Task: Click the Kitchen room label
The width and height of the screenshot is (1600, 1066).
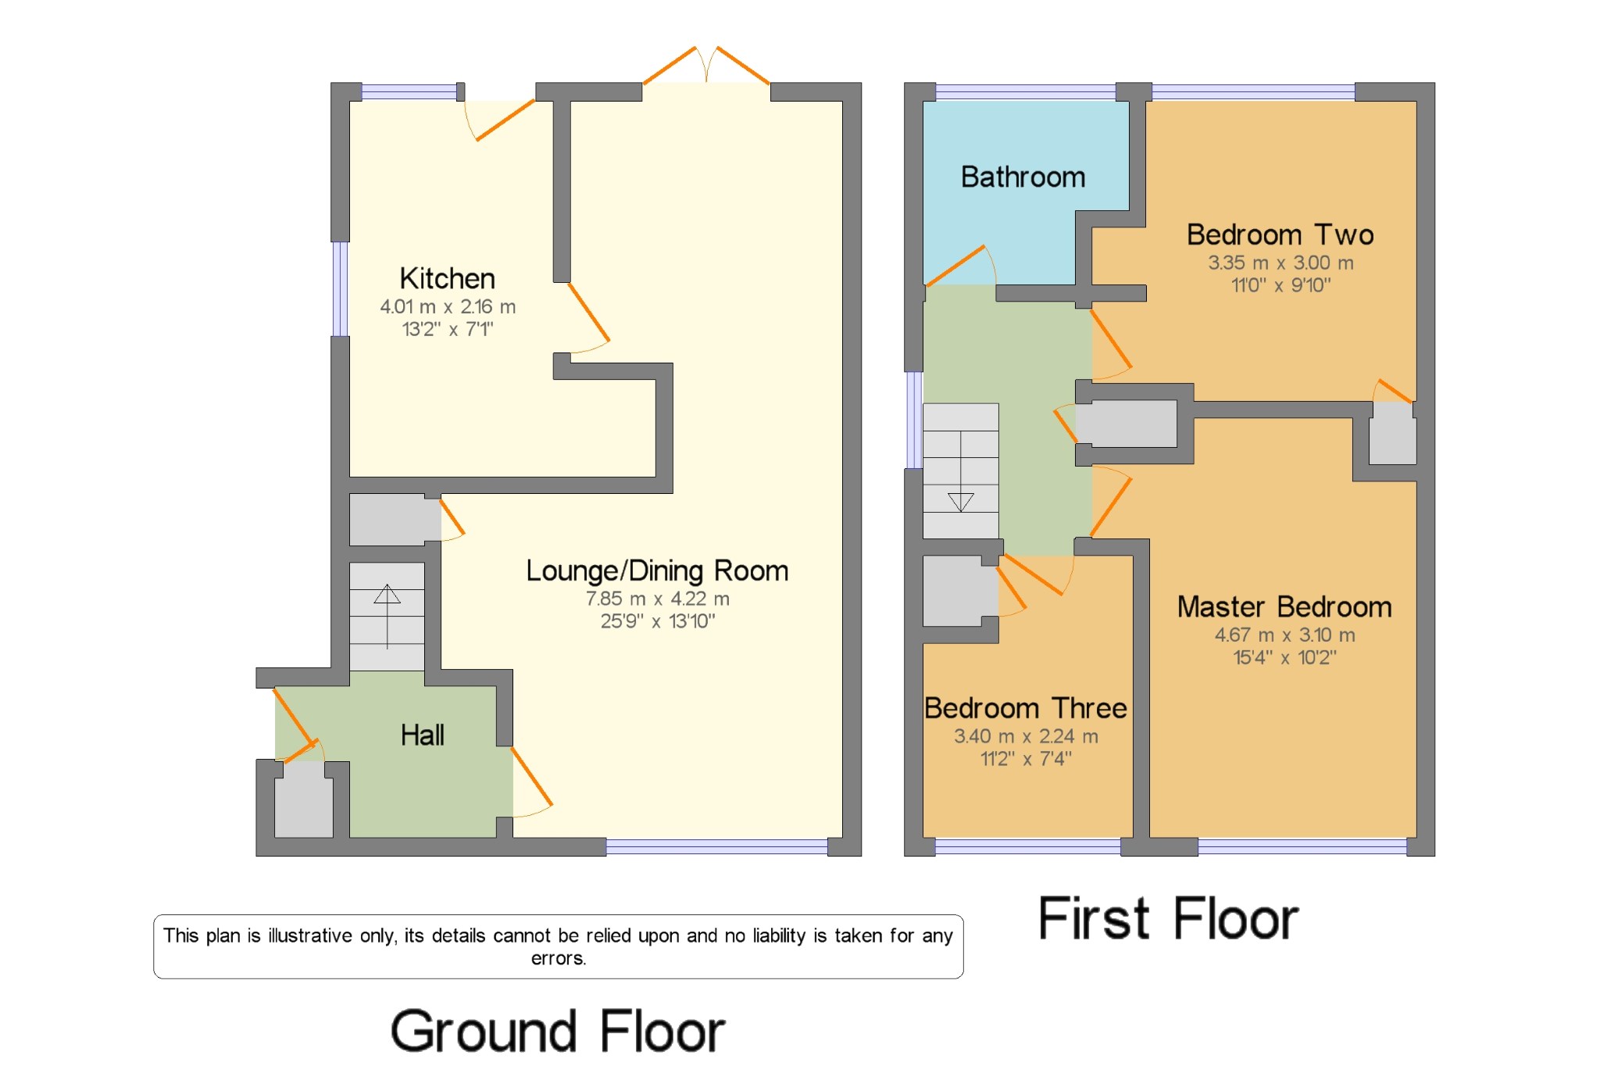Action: point(447,279)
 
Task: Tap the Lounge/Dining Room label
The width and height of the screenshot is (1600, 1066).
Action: point(656,571)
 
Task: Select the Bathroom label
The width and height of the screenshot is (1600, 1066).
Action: point(1023,177)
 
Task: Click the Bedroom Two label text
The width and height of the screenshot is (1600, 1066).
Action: point(1280,235)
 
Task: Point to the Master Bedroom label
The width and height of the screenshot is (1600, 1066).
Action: point(1284,607)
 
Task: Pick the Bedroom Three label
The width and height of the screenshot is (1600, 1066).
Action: point(1025,708)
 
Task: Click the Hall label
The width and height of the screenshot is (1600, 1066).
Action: point(422,735)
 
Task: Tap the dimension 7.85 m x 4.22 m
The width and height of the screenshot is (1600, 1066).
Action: point(657,599)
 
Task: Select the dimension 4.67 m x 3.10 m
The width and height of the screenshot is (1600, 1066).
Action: point(1284,635)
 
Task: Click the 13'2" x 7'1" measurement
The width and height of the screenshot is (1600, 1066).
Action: point(447,329)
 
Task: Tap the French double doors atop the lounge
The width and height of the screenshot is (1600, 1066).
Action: point(706,66)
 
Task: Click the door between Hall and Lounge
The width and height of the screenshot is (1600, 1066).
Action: point(531,778)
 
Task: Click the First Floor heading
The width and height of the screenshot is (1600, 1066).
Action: point(1168,919)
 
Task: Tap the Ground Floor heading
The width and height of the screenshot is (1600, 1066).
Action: point(558,1032)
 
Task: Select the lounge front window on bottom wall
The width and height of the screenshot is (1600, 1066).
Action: point(716,846)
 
